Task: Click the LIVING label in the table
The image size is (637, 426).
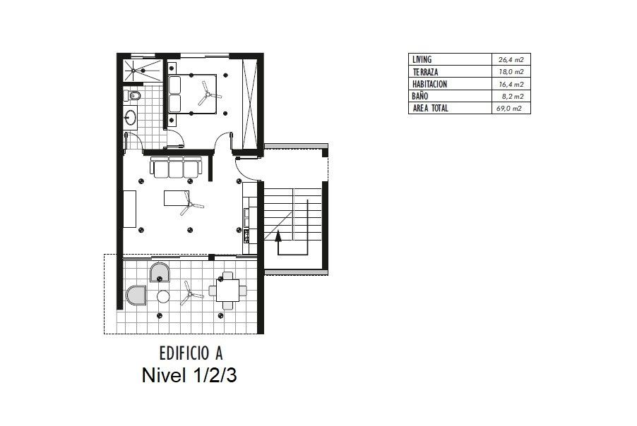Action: pos(422,59)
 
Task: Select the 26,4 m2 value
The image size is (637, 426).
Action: pos(511,60)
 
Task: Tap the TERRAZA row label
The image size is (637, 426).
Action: pos(425,72)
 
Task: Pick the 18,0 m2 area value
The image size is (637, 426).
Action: pos(511,72)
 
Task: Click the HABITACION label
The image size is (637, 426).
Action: pos(429,84)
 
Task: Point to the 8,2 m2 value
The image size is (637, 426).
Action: pos(513,96)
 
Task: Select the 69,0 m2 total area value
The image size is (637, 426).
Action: pos(508,109)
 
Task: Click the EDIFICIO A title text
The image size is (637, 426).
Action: pos(191,353)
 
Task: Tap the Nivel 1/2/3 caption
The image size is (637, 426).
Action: pos(189,376)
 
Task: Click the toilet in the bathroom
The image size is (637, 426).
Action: pos(133,96)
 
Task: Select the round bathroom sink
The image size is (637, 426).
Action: pos(131,118)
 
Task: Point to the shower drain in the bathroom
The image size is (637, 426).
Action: pos(133,71)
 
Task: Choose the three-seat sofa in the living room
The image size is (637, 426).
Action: pos(176,167)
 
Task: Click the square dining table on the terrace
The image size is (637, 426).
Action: pos(227,291)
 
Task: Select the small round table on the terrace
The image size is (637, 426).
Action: pos(163,297)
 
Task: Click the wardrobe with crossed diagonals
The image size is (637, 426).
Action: pos(249,104)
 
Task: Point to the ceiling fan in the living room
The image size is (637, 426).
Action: pos(189,204)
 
